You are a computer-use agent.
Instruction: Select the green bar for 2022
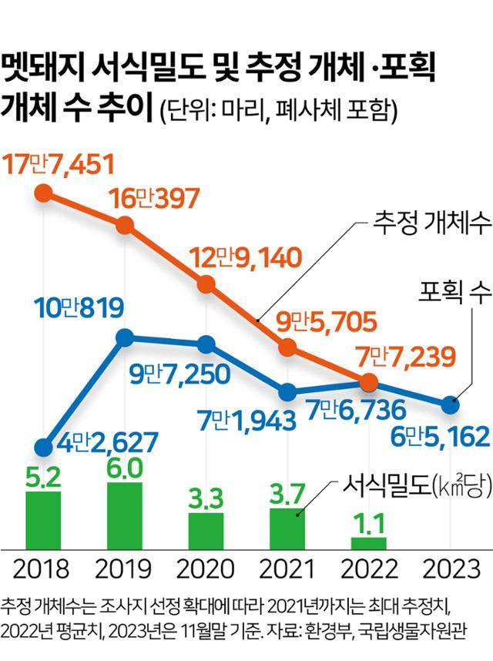coord(368,542)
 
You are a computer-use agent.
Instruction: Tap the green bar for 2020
coord(206,530)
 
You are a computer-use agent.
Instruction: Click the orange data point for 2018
coord(44,193)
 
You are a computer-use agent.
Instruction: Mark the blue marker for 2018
coord(44,447)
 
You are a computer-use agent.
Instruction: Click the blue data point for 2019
coord(125,337)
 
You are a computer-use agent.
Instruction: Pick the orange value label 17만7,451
coord(59,164)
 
